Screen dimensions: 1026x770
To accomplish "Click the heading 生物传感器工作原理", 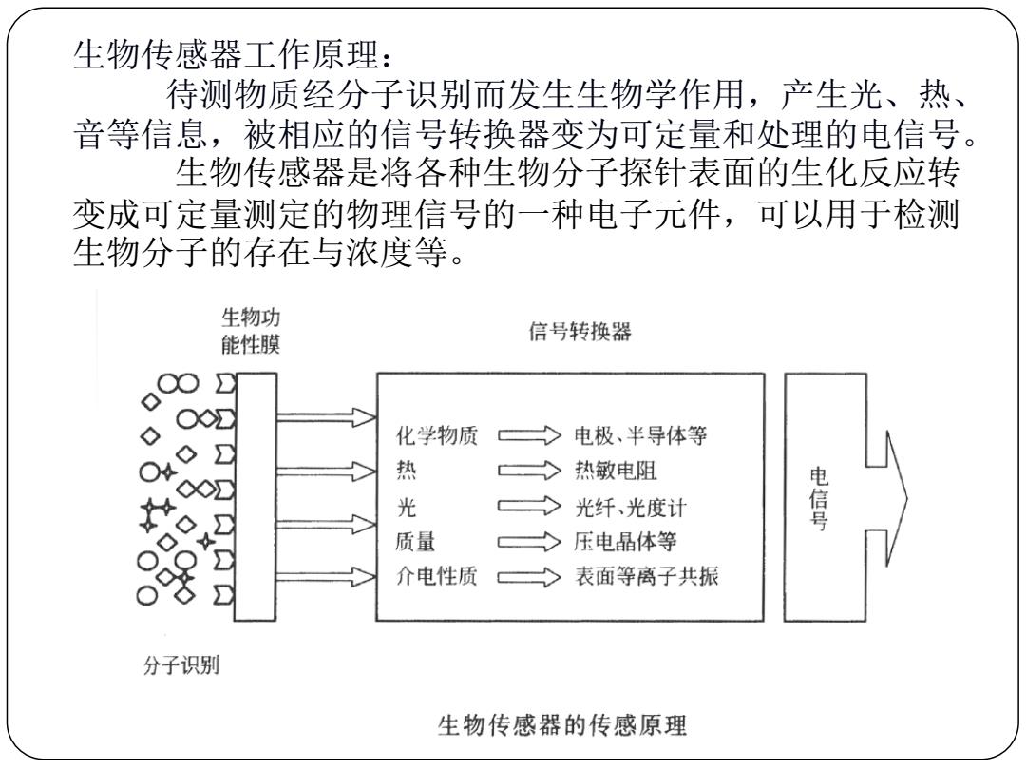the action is pyautogui.click(x=234, y=54).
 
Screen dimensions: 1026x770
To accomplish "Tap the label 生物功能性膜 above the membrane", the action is pyautogui.click(x=251, y=330).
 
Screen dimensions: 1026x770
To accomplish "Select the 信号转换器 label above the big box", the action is pyautogui.click(x=579, y=332).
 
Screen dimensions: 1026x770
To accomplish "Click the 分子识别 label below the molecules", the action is pyautogui.click(x=181, y=665).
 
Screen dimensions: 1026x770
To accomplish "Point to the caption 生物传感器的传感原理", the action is pyautogui.click(x=562, y=724).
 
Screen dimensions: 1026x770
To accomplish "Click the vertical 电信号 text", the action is pyautogui.click(x=818, y=497).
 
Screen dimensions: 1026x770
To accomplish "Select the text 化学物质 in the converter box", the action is pyautogui.click(x=436, y=435).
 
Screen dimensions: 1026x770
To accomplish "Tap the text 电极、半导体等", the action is pyautogui.click(x=640, y=435).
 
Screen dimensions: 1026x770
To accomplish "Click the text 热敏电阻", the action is pyautogui.click(x=615, y=471).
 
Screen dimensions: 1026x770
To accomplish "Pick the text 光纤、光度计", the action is pyautogui.click(x=630, y=507).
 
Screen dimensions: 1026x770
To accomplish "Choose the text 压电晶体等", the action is pyautogui.click(x=625, y=542).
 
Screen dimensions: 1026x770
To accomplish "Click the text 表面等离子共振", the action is pyautogui.click(x=647, y=576).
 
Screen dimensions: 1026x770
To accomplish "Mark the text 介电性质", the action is pyautogui.click(x=436, y=576).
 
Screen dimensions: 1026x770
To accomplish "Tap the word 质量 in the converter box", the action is pyautogui.click(x=415, y=542).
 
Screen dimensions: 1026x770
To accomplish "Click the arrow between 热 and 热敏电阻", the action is pyautogui.click(x=529, y=471).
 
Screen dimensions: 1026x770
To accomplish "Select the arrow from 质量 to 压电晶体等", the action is pyautogui.click(x=529, y=542).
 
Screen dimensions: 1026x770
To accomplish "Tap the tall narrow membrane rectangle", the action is pyautogui.click(x=256, y=497).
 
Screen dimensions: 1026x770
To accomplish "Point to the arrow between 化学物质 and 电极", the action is pyautogui.click(x=529, y=434).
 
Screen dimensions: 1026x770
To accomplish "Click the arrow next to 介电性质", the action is pyautogui.click(x=529, y=577).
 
